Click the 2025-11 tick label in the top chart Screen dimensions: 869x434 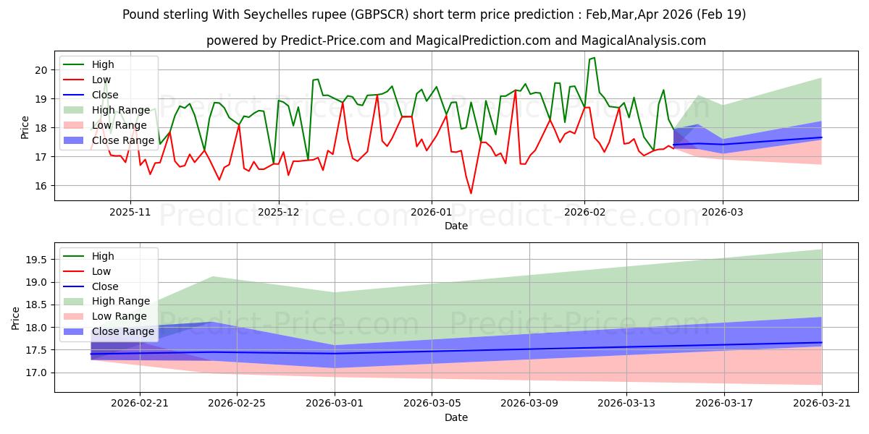pyautogui.click(x=130, y=213)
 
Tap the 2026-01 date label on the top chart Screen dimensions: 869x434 pyautogui.click(x=431, y=213)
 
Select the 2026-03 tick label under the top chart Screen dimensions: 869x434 pyautogui.click(x=723, y=213)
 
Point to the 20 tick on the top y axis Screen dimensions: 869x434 pyautogui.click(x=41, y=70)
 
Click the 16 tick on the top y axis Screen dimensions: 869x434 pyautogui.click(x=41, y=186)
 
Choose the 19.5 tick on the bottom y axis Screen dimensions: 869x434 pyautogui.click(x=36, y=260)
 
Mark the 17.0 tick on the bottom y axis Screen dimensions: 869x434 pyautogui.click(x=36, y=373)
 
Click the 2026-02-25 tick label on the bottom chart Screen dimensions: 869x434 pyautogui.click(x=237, y=404)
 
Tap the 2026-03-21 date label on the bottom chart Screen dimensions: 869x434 pyautogui.click(x=822, y=404)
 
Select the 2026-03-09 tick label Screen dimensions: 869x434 pyautogui.click(x=529, y=404)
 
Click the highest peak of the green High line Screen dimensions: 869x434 pyautogui.click(x=594, y=58)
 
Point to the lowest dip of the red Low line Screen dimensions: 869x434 pyautogui.click(x=471, y=193)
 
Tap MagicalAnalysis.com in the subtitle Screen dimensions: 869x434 pyautogui.click(x=644, y=41)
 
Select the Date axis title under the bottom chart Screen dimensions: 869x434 pyautogui.click(x=456, y=418)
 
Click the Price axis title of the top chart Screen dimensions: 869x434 pyautogui.click(x=25, y=127)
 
